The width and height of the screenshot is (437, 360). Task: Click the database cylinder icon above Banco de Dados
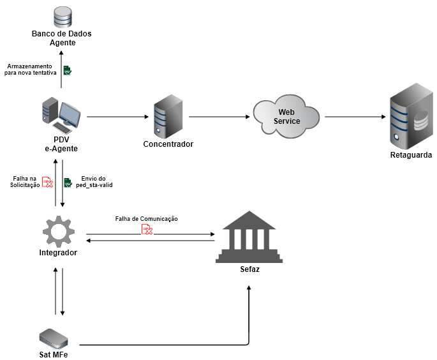point(63,15)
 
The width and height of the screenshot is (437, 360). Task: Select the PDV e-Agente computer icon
point(62,116)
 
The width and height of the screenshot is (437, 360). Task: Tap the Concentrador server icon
point(168,116)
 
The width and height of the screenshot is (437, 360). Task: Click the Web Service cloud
point(286,116)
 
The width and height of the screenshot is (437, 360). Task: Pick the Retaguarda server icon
point(411,116)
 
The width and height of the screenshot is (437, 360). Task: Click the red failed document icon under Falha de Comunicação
point(147,229)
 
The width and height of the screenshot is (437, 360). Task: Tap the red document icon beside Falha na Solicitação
point(47,183)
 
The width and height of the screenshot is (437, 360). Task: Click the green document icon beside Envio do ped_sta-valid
point(68,183)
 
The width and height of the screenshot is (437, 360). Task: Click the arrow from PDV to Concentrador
point(118,117)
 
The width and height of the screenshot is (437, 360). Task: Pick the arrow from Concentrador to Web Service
point(219,117)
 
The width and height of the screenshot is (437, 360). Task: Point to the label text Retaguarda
point(411,155)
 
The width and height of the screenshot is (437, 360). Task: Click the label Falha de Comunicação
point(146,218)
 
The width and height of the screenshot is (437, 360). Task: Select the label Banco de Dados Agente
point(63,38)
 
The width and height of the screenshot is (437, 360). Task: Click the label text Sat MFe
point(53,354)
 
